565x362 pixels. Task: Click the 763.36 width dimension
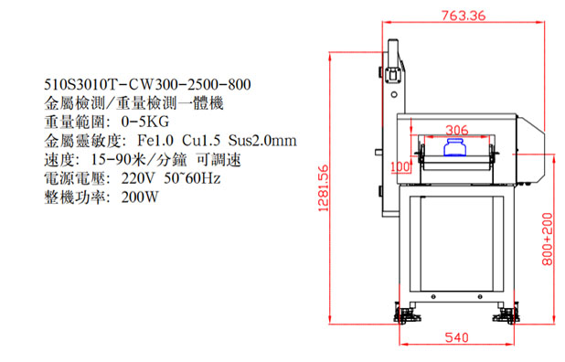(464, 16)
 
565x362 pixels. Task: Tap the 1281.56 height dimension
(324, 188)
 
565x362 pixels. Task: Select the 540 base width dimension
(456, 337)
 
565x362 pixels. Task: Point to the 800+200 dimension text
(547, 239)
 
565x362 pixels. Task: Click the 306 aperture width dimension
(457, 130)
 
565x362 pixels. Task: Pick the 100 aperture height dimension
(400, 166)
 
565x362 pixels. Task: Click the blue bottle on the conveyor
(454, 147)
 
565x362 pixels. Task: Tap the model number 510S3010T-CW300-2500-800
(147, 85)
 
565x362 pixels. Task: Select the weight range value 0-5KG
(144, 122)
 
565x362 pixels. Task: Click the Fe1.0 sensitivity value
(155, 141)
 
